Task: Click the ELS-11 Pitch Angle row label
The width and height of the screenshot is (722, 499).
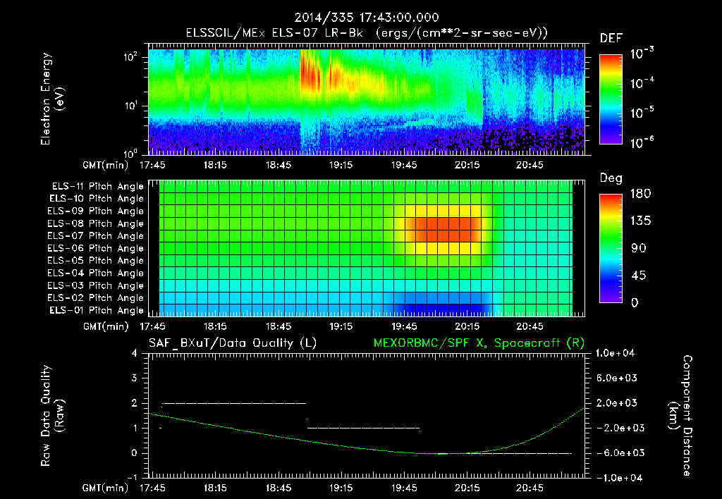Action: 96,187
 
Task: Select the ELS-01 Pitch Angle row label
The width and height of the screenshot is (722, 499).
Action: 96,310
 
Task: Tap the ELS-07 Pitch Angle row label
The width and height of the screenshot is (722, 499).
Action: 96,236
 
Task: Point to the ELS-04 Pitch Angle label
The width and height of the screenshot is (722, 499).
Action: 96,273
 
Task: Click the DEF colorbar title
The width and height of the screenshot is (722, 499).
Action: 611,38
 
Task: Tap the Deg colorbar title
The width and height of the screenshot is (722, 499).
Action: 611,178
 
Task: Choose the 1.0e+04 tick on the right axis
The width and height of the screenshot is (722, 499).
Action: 618,353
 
